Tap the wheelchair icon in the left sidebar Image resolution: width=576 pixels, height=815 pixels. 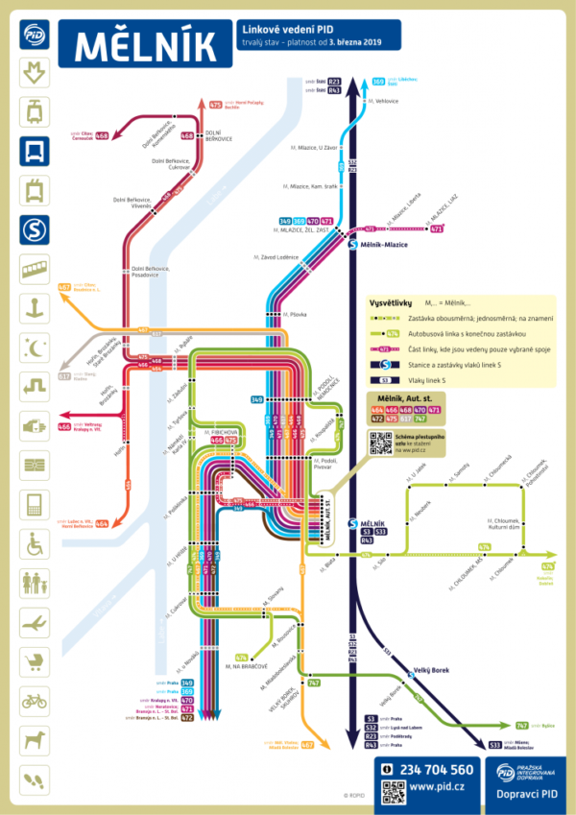36,543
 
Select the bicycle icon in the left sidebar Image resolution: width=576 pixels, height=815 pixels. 36,700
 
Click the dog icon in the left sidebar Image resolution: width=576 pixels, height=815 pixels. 36,739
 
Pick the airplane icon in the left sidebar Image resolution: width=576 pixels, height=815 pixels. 36,621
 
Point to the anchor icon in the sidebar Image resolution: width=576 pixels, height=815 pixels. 36,308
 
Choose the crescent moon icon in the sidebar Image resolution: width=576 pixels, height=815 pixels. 36,348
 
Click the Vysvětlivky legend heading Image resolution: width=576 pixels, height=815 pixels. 395,300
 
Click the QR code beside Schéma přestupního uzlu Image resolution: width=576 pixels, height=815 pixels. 379,441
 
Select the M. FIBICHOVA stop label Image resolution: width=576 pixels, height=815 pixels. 222,432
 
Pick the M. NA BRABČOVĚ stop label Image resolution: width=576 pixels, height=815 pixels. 244,665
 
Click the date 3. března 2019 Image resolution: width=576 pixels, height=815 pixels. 353,42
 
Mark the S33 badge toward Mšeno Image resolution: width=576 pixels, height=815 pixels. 494,745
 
